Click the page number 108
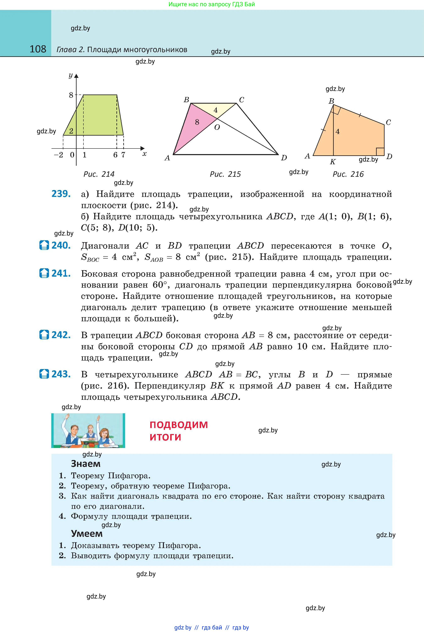coord(38,49)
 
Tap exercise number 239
coord(61,194)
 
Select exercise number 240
coord(61,245)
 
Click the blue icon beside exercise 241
coord(44,273)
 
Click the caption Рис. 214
coord(99,174)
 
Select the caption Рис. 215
coord(225,174)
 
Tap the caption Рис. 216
coord(348,174)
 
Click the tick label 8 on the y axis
coord(71,95)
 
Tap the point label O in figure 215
coord(217,128)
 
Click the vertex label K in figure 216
coord(333,162)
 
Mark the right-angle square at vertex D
coord(380,152)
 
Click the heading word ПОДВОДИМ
coord(179,425)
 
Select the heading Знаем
coord(86,464)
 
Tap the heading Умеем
coord(87,534)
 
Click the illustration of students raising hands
coord(88,430)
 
